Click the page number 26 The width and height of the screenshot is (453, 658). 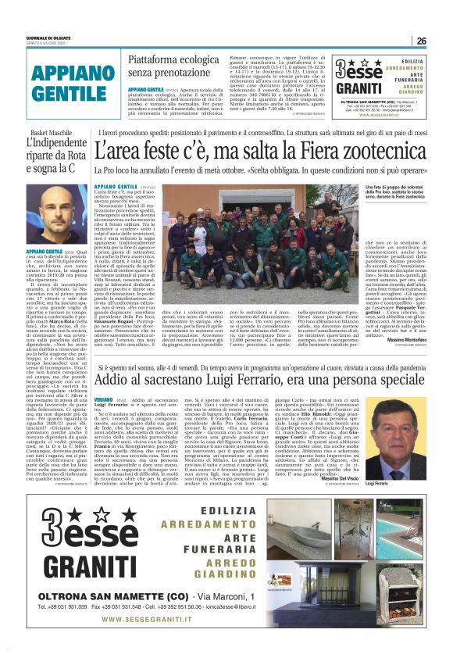click(x=421, y=41)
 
